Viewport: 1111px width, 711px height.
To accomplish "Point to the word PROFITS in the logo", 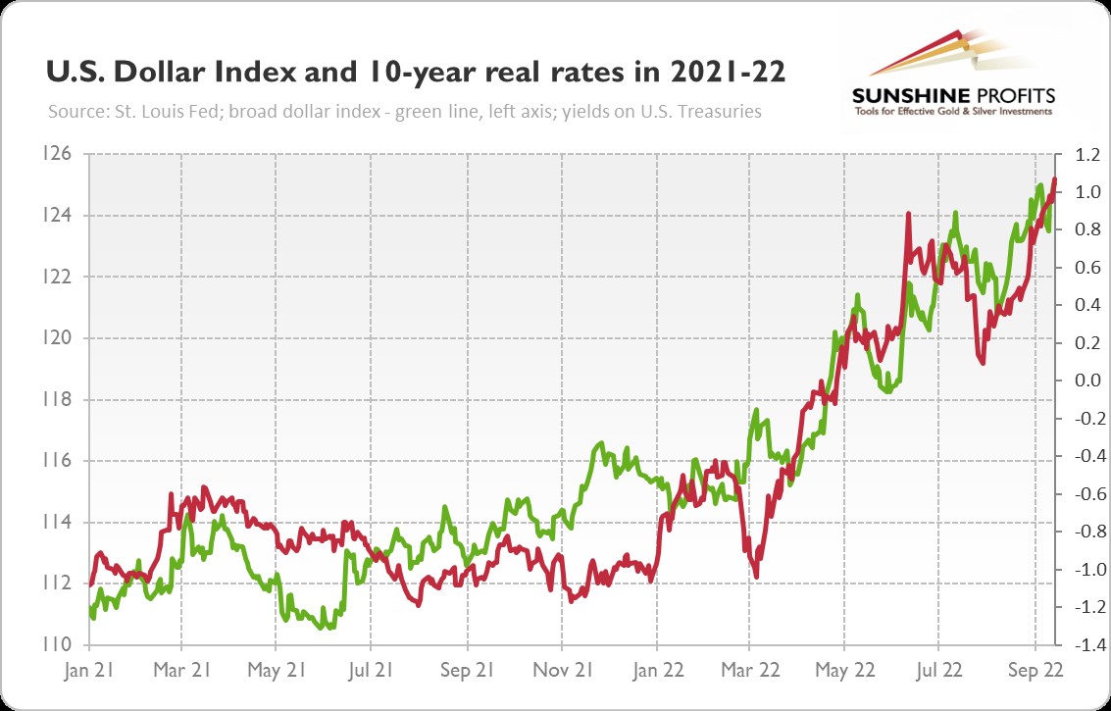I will pyautogui.click(x=1012, y=95).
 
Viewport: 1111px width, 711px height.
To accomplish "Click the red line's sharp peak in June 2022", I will pyautogui.click(x=908, y=213).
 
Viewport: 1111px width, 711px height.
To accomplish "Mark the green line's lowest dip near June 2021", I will pyautogui.click(x=324, y=627).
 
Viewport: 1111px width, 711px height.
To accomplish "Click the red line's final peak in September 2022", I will pyautogui.click(x=1054, y=179).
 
